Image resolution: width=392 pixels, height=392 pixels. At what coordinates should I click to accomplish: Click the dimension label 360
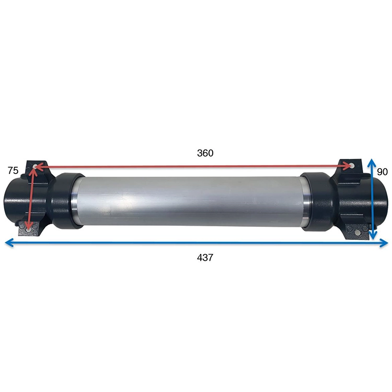click(205, 153)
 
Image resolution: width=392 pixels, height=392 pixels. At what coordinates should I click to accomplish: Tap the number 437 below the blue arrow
click(205, 258)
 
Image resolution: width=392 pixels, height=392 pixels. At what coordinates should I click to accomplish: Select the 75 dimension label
click(13, 170)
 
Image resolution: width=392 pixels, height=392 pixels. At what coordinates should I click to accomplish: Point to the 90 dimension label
click(382, 172)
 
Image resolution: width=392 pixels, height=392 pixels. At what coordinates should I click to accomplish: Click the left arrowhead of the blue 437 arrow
click(9, 243)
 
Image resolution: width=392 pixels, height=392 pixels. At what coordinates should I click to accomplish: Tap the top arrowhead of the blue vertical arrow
click(373, 163)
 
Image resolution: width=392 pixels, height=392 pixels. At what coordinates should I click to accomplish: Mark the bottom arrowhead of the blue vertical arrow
click(373, 235)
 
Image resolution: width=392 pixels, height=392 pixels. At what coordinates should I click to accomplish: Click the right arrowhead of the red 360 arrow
click(348, 166)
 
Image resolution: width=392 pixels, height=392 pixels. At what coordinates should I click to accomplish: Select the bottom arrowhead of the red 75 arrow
click(29, 225)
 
